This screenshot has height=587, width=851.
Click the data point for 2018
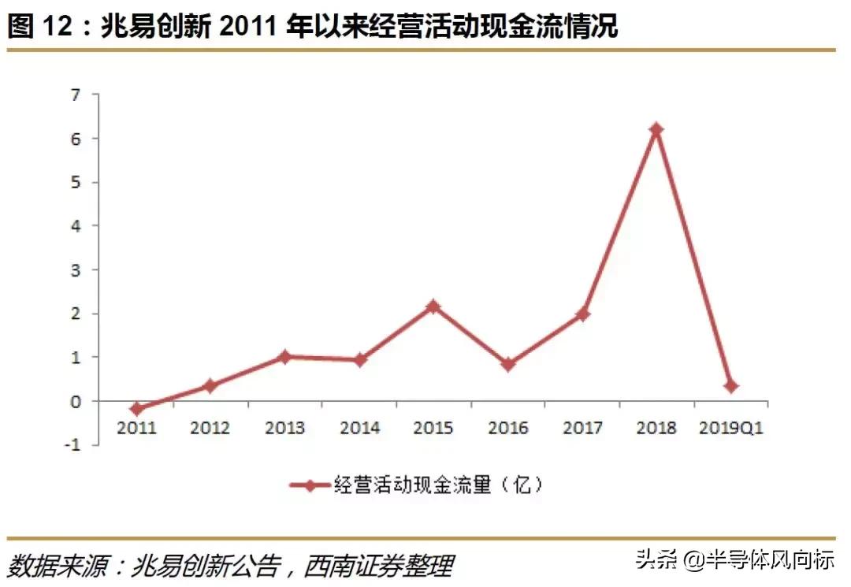click(x=656, y=129)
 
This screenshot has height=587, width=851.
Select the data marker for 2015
click(x=433, y=306)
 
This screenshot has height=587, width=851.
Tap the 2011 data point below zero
click(x=136, y=409)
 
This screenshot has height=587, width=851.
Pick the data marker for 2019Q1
click(x=730, y=386)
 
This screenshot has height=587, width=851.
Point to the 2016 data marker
click(x=507, y=364)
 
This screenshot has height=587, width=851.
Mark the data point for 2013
click(x=284, y=357)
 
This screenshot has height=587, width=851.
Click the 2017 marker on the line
click(x=582, y=314)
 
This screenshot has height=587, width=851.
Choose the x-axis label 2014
click(x=359, y=428)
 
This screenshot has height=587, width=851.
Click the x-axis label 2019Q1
click(x=731, y=428)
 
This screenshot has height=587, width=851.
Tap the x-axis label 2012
click(x=210, y=428)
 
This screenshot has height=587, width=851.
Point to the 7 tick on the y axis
click(x=76, y=95)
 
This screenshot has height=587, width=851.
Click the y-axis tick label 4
click(x=76, y=226)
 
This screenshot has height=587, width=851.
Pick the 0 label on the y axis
click(x=76, y=401)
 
